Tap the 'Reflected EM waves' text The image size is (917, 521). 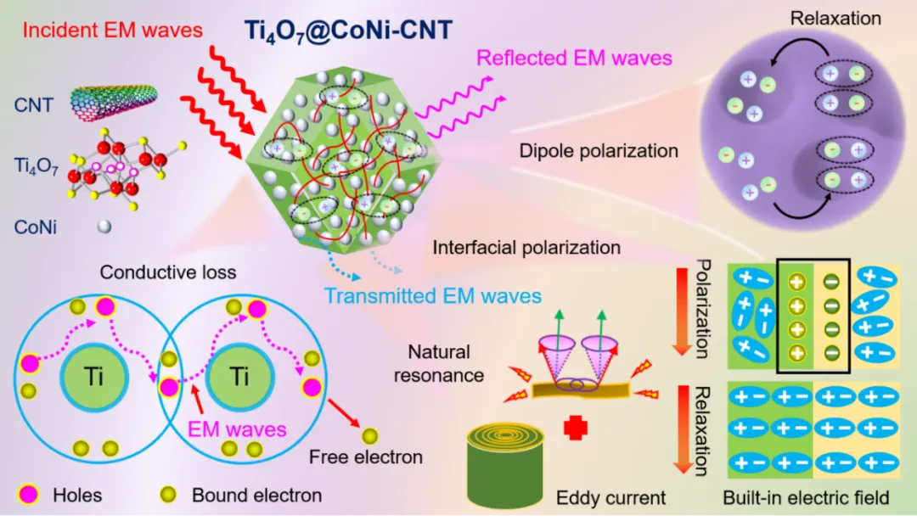tap(574, 59)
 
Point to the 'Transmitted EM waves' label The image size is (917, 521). tap(433, 296)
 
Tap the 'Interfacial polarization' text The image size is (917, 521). tap(526, 249)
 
